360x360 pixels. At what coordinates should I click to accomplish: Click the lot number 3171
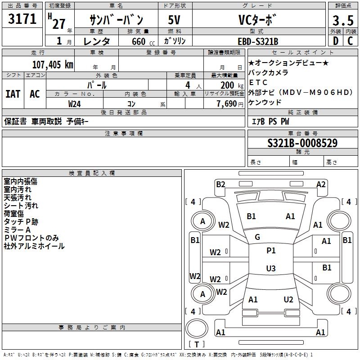click(22, 20)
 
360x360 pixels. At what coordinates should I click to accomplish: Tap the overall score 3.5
click(342, 21)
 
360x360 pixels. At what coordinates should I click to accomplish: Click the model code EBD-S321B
click(258, 41)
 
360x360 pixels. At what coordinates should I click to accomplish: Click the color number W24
click(75, 103)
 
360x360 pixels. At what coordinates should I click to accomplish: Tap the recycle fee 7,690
click(229, 103)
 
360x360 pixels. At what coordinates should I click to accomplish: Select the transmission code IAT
click(13, 94)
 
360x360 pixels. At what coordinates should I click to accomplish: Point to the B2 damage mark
click(220, 184)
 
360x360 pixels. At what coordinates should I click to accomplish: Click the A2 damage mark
click(321, 184)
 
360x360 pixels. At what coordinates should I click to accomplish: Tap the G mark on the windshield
click(257, 237)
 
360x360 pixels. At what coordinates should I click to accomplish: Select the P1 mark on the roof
click(271, 250)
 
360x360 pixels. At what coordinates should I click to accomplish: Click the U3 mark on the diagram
click(271, 269)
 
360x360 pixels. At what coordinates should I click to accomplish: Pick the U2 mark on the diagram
click(288, 299)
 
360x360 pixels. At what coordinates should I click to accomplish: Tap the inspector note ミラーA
click(17, 229)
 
